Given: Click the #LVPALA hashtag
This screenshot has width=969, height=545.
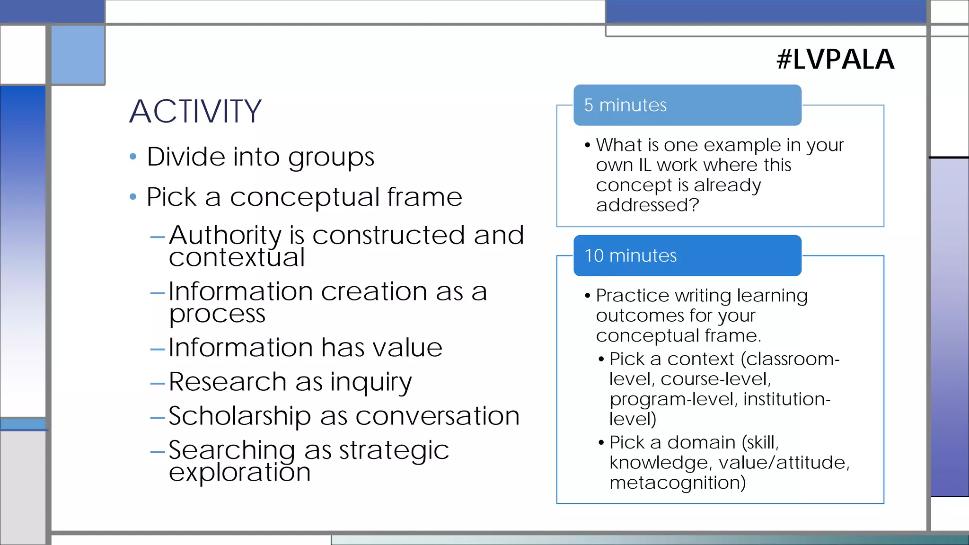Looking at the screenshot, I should click(x=835, y=60).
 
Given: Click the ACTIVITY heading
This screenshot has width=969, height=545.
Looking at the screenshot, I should click(x=195, y=112).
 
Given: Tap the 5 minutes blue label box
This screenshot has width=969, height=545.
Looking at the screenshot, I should click(x=687, y=105).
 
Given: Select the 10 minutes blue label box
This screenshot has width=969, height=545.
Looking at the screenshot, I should click(x=687, y=255).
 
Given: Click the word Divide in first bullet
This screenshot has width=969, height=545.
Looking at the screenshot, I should click(x=186, y=157).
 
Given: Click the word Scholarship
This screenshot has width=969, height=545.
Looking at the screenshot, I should click(x=239, y=416).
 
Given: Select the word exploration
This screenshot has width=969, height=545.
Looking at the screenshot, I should click(x=239, y=472).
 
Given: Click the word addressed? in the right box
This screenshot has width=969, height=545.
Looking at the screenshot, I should click(x=647, y=205).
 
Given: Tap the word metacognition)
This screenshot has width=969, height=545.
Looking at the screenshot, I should click(x=678, y=483).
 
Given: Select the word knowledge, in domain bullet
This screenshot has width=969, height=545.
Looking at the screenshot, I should click(x=661, y=463).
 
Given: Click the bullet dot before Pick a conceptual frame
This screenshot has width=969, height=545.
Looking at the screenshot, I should click(x=133, y=197).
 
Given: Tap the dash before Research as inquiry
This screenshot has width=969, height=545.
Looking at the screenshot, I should click(x=157, y=383).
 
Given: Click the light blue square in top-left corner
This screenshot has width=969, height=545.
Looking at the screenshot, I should click(x=78, y=54).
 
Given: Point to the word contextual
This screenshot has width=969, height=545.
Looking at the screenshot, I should click(x=237, y=258).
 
